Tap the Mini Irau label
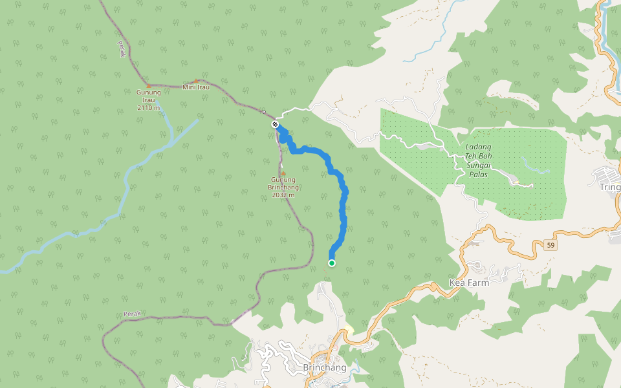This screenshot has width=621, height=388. click(x=196, y=87)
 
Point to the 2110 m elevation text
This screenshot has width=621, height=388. click(x=148, y=107)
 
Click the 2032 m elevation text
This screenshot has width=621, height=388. click(x=283, y=195)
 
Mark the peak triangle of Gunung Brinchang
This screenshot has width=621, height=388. click(x=283, y=173)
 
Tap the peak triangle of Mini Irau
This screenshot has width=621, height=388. click(x=196, y=81)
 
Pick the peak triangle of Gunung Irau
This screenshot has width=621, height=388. click(x=149, y=85)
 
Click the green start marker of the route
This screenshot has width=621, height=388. click(x=332, y=263)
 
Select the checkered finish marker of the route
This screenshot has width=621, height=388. click(x=275, y=124)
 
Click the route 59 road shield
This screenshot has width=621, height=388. click(x=550, y=245)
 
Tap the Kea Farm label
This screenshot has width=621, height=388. click(x=468, y=283)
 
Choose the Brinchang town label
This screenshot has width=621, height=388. click(x=324, y=367)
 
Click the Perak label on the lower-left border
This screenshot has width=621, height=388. click(x=132, y=314)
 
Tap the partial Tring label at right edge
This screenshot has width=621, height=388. click(x=610, y=186)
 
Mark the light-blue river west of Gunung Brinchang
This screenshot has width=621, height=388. click(x=123, y=194)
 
